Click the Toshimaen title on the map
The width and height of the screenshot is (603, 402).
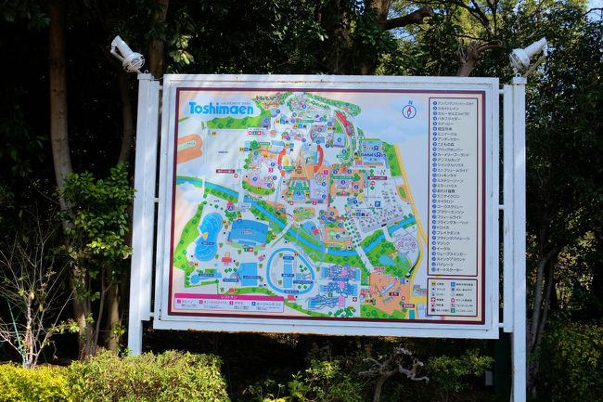coord(222,108)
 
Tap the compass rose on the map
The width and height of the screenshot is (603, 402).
coord(408,110)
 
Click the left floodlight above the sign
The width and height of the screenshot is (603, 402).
coord(127,55)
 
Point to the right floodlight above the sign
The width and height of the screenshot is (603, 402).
coord(527,55)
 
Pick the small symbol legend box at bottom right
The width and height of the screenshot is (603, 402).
coord(452,297)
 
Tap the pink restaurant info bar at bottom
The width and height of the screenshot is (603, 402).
coord(228,303)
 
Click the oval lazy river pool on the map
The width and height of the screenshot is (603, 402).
coord(289,268)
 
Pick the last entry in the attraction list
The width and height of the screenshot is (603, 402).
coord(454,270)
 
